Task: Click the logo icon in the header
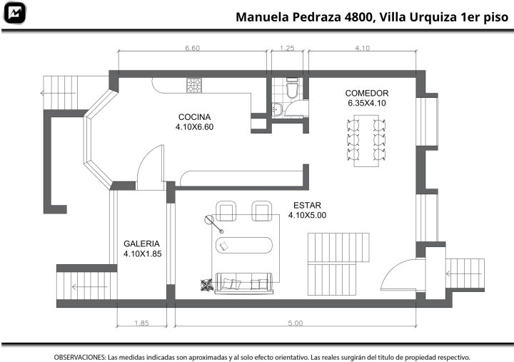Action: [14, 13]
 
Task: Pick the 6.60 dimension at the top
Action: [193, 48]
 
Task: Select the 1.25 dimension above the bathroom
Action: [287, 48]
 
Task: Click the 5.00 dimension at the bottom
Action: [296, 323]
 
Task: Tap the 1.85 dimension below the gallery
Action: [141, 323]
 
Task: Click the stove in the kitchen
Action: [194, 85]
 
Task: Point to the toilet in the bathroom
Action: [292, 88]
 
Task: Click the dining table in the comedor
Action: [366, 141]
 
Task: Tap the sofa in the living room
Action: [244, 283]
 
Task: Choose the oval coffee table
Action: [244, 246]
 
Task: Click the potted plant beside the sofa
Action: [207, 285]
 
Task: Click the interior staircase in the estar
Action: [338, 264]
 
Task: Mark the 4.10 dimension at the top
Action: [362, 48]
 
